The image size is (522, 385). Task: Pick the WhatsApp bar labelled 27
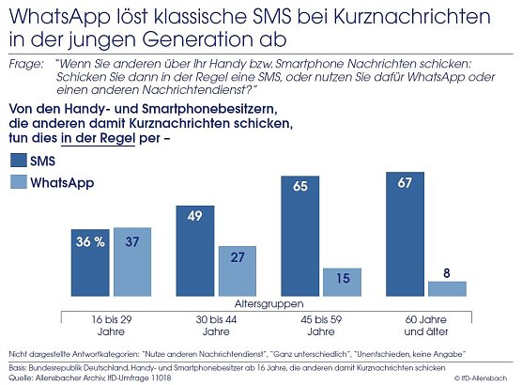tap(238, 271)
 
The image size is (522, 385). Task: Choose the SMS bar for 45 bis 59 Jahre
tap(301, 235)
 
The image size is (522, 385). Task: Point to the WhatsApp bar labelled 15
tap(343, 282)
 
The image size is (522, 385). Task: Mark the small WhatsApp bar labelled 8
tap(448, 288)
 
